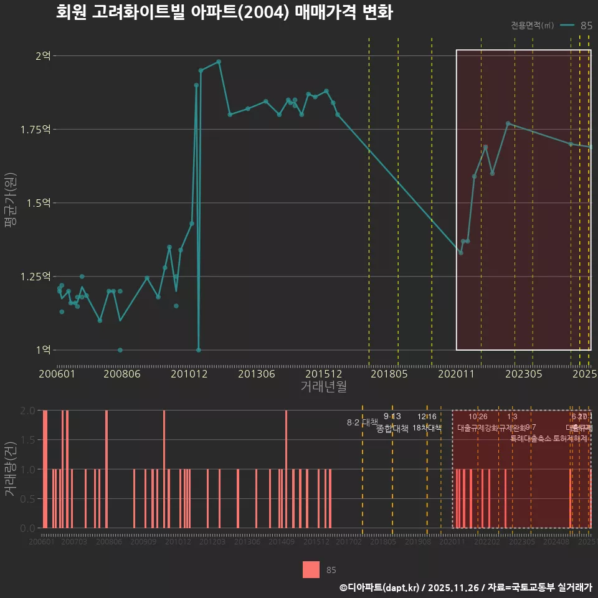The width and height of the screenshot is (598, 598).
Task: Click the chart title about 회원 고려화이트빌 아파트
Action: tap(224, 12)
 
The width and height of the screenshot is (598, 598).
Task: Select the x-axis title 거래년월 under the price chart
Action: tap(323, 387)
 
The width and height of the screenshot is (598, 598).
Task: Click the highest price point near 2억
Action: tap(219, 62)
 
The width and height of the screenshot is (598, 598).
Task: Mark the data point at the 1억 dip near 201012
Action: tap(199, 349)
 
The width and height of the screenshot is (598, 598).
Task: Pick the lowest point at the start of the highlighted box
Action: tap(460, 252)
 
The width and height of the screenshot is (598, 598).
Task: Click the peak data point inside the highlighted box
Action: tap(508, 123)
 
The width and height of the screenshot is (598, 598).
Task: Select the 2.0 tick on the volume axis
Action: tap(28, 411)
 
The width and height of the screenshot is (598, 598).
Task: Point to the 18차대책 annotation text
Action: tap(427, 427)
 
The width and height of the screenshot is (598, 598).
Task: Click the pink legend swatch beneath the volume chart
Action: tap(311, 569)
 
